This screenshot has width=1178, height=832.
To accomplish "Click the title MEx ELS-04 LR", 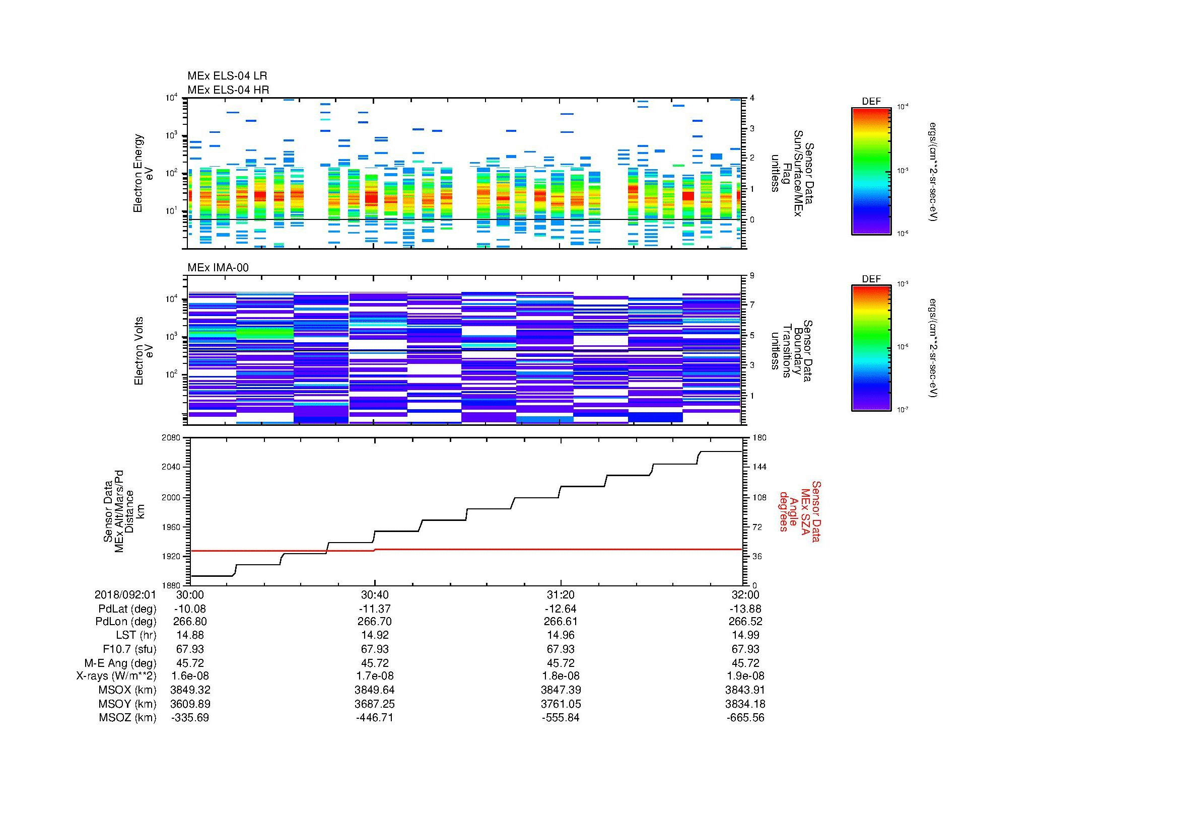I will [x=227, y=76].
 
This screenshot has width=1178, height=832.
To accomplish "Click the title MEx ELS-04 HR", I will [x=228, y=90].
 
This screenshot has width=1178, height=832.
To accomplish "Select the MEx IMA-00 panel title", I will [x=218, y=268].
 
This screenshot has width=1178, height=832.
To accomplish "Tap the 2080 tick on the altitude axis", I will [x=171, y=437].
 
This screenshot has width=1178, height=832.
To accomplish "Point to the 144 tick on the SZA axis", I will [x=759, y=467].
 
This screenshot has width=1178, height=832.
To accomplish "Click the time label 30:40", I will [x=375, y=594].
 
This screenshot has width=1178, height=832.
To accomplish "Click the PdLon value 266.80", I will [x=190, y=621].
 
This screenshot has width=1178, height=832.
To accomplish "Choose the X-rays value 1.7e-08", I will [x=375, y=676].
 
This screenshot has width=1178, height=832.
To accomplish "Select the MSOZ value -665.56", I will [x=745, y=718].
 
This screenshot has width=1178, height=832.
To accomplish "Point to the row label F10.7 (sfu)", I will [x=129, y=649].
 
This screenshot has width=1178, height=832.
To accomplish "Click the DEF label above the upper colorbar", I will [x=871, y=102].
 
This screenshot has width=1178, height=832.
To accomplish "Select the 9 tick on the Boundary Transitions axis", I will [x=752, y=276].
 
